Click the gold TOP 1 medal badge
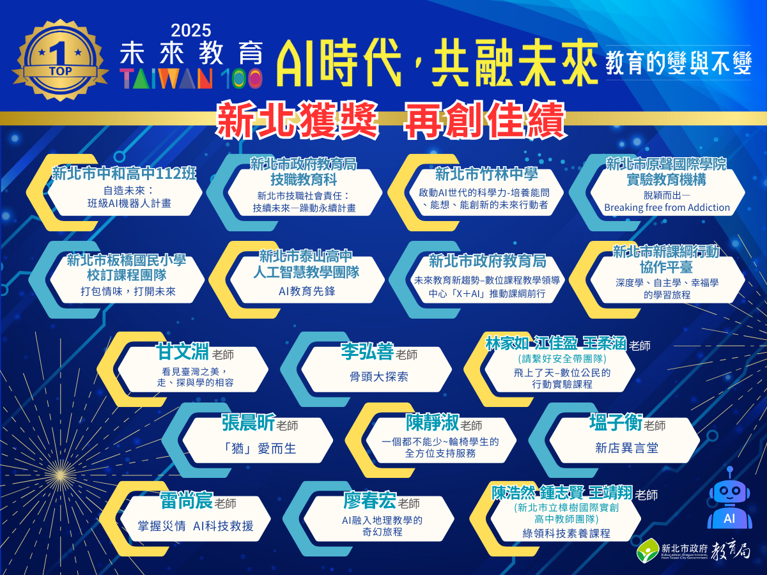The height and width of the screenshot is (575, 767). click(60, 61)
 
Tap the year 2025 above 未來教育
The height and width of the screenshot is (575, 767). click(190, 31)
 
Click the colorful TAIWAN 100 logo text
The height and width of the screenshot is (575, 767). click(190, 78)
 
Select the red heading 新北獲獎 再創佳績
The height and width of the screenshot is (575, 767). click(391, 119)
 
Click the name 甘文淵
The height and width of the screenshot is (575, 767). click(184, 353)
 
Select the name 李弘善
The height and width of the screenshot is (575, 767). click(367, 353)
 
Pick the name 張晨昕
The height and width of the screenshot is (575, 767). click(248, 423)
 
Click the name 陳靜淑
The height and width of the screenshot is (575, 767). click(432, 423)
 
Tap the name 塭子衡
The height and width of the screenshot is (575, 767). click(615, 423)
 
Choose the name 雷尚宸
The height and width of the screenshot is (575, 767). click(185, 502)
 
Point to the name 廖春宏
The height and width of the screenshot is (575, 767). click(369, 502)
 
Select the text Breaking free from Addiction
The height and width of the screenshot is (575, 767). click(667, 207)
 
